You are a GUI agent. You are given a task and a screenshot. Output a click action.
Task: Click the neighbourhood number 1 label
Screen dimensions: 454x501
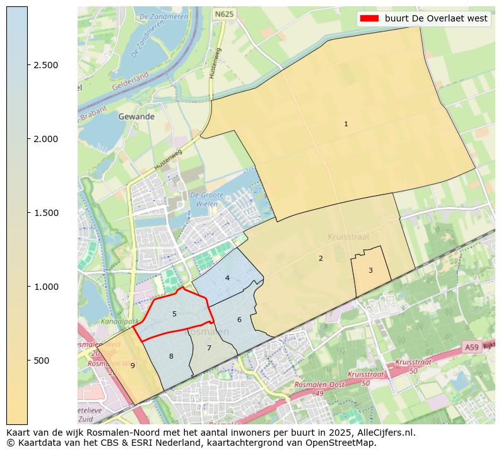pyautogui.click(x=346, y=124)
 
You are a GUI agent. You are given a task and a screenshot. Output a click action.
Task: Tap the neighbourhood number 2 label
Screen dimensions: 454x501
pyautogui.click(x=321, y=258)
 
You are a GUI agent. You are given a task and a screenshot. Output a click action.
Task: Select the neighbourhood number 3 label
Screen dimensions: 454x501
pyautogui.click(x=370, y=270)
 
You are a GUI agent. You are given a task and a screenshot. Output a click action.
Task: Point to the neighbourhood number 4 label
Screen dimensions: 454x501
pyautogui.click(x=227, y=278)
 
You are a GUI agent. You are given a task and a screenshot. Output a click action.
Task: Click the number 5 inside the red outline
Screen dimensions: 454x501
pyautogui.click(x=174, y=314)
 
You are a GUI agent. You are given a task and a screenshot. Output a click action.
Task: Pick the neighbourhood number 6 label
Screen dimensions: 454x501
pyautogui.click(x=239, y=320)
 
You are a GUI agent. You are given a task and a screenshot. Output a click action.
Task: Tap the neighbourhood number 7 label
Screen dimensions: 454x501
pyautogui.click(x=209, y=348)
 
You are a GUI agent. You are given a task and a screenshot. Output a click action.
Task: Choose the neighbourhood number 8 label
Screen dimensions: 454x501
pyautogui.click(x=171, y=357)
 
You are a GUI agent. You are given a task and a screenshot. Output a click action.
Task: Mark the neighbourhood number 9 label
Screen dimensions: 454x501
pyautogui.click(x=133, y=366)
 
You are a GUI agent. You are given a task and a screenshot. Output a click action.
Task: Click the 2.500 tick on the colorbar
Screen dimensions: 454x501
pyautogui.click(x=46, y=65)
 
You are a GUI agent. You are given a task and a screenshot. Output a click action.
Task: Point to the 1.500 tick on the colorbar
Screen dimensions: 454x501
pyautogui.click(x=46, y=213)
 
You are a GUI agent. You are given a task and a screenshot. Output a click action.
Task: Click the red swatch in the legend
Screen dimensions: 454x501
pyautogui.click(x=368, y=18)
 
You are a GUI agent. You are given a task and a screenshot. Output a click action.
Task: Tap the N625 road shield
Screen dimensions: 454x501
pyautogui.click(x=223, y=13)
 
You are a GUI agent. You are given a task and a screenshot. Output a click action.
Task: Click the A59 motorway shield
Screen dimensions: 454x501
pyautogui.click(x=471, y=347)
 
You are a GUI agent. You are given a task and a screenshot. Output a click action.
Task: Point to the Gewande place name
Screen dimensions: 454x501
pyautogui.click(x=136, y=117)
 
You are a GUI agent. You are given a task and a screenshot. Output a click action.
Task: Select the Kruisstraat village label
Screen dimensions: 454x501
pyautogui.click(x=348, y=237)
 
